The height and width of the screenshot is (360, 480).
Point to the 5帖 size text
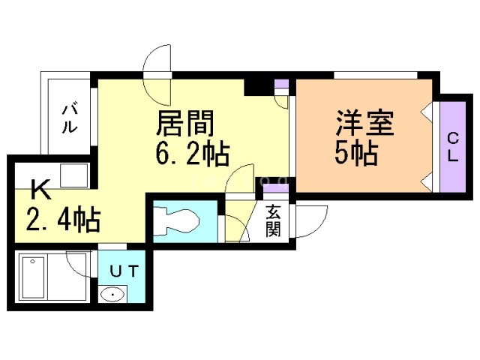point(356,153)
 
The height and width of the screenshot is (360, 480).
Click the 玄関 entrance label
point(273,220)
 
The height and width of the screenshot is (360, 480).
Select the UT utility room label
point(124,271)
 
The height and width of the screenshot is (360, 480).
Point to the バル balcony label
point(67,117)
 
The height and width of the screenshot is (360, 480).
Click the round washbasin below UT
point(113,295)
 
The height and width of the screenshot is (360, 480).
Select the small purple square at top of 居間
point(281,84)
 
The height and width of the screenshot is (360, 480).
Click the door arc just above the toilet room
point(243,183)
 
